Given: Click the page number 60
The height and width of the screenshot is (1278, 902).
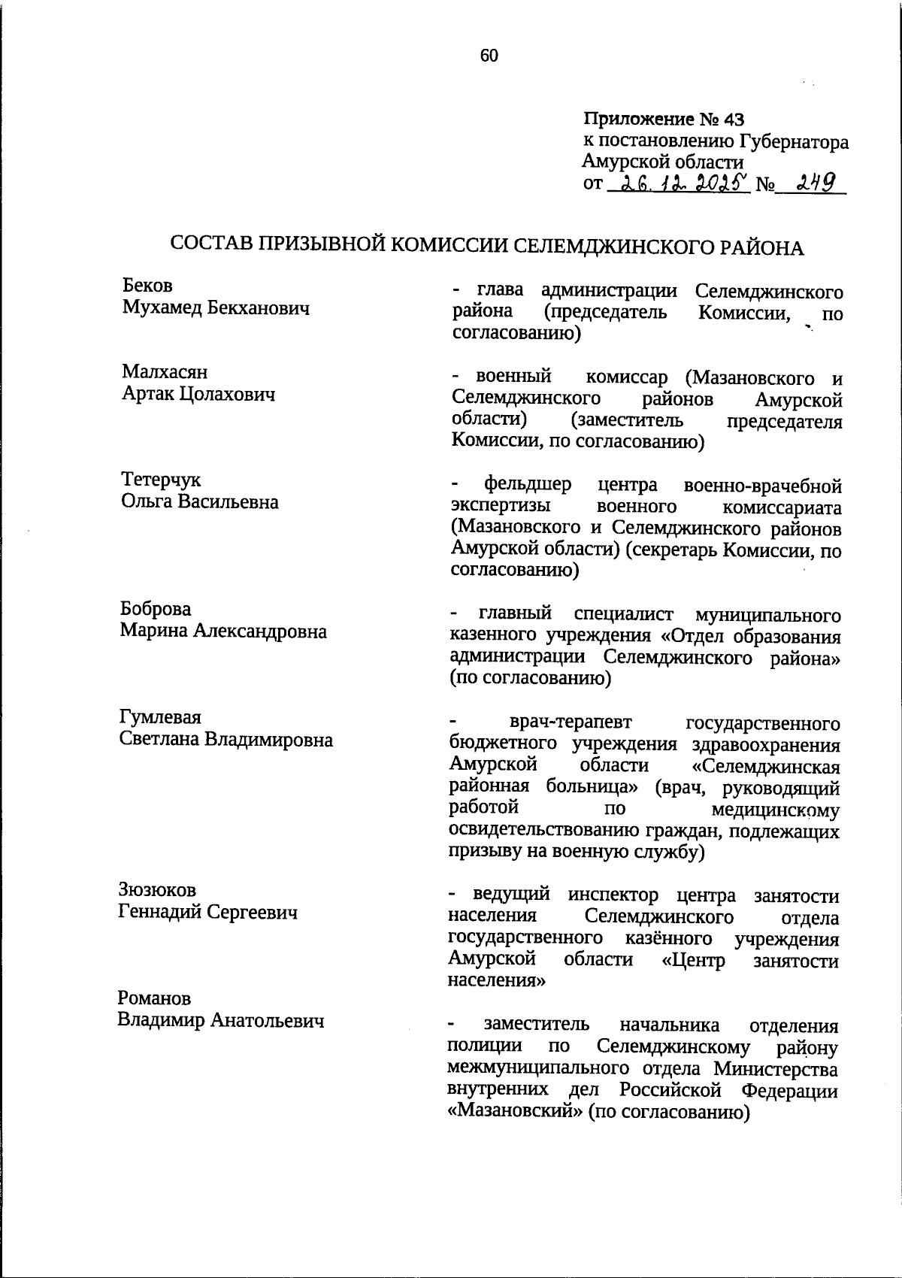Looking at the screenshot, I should click(x=489, y=56).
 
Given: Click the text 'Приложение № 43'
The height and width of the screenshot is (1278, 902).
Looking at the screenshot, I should click(x=663, y=120).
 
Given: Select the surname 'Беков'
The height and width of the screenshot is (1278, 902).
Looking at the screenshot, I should click(x=147, y=286).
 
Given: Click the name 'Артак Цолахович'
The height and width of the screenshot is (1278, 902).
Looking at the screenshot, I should click(x=198, y=394).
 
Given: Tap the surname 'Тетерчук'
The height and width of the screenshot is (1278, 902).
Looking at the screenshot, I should click(x=161, y=480).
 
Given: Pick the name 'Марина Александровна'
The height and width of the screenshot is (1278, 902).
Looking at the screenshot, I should click(x=223, y=631).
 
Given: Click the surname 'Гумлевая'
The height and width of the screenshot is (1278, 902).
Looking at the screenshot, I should click(x=160, y=716).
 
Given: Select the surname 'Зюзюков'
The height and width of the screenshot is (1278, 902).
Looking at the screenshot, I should click(x=157, y=889).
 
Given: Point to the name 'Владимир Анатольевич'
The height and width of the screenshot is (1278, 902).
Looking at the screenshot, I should click(x=221, y=1020).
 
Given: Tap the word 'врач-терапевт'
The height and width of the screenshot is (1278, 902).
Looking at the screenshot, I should click(x=571, y=722).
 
